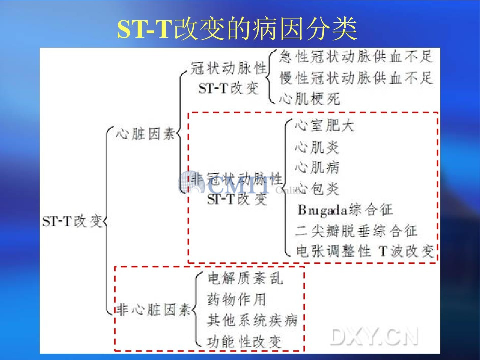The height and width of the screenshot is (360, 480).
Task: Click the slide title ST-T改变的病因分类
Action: pyautogui.click(x=237, y=29)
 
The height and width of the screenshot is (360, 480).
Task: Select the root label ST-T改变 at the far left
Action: pyautogui.click(x=72, y=221)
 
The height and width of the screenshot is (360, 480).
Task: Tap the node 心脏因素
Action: pyautogui.click(x=145, y=134)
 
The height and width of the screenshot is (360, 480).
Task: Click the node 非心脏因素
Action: pyautogui.click(x=154, y=310)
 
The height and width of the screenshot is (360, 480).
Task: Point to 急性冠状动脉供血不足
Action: pyautogui.click(x=356, y=57)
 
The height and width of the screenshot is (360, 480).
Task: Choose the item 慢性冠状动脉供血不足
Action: pyautogui.click(x=356, y=78)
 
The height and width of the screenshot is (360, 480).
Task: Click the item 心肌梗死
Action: pyautogui.click(x=309, y=99)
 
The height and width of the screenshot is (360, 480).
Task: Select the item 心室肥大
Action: pyautogui.click(x=325, y=126)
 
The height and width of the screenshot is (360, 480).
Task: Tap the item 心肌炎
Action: pyautogui.click(x=317, y=147)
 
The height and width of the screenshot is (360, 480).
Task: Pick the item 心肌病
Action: pyautogui.click(x=317, y=168)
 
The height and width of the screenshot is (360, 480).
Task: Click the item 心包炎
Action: pyautogui.click(x=317, y=189)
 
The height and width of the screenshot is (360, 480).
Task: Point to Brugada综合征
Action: pyautogui.click(x=345, y=210)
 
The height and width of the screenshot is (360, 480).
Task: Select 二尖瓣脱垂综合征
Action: pyautogui.click(x=356, y=231)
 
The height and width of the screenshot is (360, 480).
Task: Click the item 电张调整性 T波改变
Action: pyautogui.click(x=365, y=251)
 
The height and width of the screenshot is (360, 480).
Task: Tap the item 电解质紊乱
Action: pyautogui.click(x=245, y=278)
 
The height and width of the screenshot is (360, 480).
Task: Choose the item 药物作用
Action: pyautogui.click(x=237, y=299)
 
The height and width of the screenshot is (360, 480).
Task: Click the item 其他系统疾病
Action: pyautogui.click(x=252, y=320)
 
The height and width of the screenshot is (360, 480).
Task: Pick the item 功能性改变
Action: pyautogui.click(x=244, y=342)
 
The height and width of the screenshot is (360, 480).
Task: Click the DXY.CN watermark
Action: pyautogui.click(x=374, y=337)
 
